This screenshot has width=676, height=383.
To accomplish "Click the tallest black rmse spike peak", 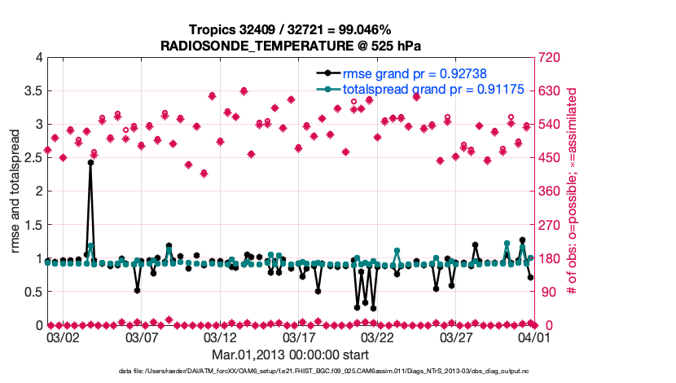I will pyautogui.click(x=90, y=162).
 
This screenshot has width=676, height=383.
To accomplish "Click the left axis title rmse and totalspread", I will pyautogui.click(x=15, y=191).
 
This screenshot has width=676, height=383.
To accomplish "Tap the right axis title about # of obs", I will pyautogui.click(x=573, y=191).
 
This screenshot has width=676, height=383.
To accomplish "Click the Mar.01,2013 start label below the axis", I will pyautogui.click(x=291, y=355).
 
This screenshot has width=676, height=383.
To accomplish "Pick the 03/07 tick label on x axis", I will pyautogui.click(x=142, y=337).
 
